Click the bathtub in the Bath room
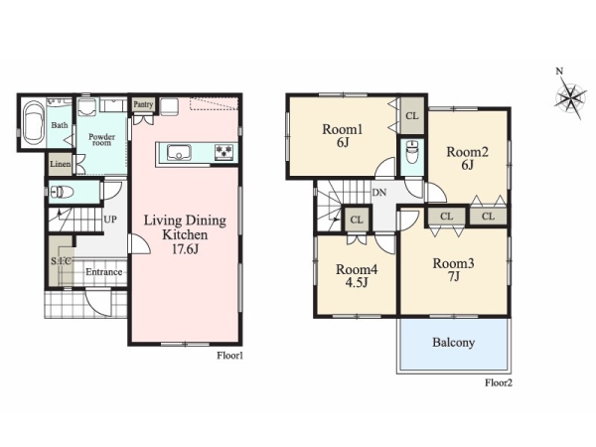tap(34, 123)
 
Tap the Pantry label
tap(143, 104)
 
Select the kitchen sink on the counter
tap(179, 153)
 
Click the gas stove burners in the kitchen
tap(223, 152)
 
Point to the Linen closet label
tap(60, 164)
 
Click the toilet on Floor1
tap(62, 192)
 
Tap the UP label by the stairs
tap(110, 220)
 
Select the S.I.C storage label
tap(61, 261)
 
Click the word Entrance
tap(103, 272)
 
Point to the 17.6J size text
tap(185, 249)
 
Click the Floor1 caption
tap(229, 356)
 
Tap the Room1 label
tap(342, 129)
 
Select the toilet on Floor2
tap(411, 152)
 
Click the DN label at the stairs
tap(379, 193)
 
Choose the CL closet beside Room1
tap(412, 115)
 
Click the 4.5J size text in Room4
tap(357, 283)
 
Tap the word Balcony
tap(454, 343)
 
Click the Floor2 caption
tap(499, 382)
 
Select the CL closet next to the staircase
tap(357, 220)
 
